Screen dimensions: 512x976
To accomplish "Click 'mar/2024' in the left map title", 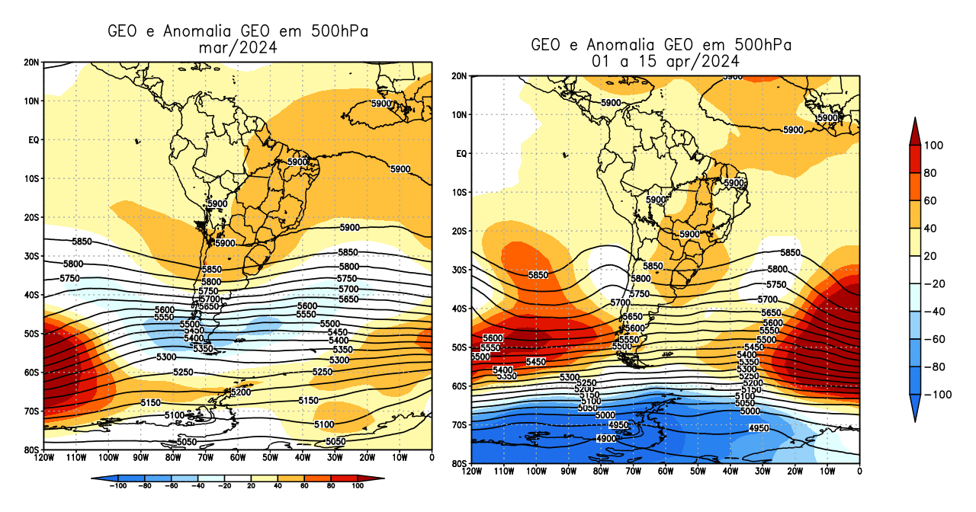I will pos(237,47).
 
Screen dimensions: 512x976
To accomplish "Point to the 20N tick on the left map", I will pos(31,62).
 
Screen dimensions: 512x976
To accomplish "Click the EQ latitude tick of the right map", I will pos(460,154).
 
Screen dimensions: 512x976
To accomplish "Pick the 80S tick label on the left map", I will pos(31,450).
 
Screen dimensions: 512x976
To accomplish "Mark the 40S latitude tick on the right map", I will pos(458,309).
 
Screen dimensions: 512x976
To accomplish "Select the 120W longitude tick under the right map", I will pos(471,472).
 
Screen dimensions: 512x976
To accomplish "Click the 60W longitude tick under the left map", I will pos(238,458).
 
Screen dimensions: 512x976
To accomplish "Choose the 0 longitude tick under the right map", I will pos(860,472).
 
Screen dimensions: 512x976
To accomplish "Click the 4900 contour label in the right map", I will pos(606,439).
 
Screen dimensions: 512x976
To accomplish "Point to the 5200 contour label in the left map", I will pos(240,392).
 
